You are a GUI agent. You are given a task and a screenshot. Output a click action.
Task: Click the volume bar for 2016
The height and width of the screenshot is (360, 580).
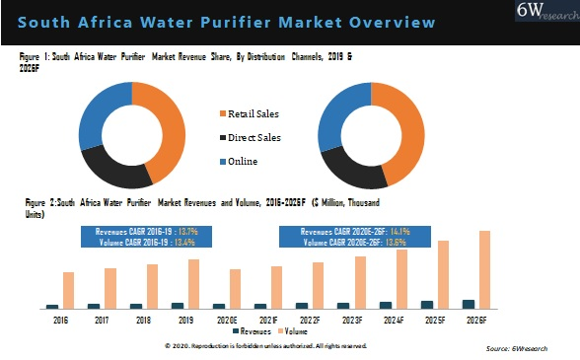coord(68,290)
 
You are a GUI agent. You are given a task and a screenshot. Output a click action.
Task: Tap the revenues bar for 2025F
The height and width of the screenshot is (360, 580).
coord(427,304)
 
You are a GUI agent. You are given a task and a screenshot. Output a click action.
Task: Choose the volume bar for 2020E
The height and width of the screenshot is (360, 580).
coord(235,288)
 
